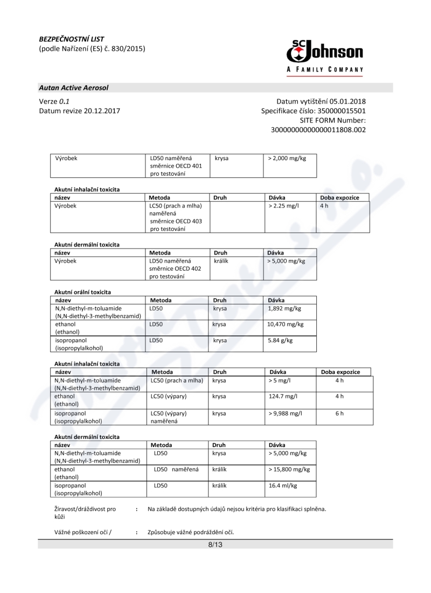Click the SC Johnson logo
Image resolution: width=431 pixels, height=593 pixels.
[x=324, y=56]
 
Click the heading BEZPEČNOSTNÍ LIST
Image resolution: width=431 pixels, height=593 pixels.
[x=72, y=39]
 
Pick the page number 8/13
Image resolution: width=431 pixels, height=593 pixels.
[x=215, y=545]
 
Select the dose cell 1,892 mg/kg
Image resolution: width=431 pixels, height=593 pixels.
[x=284, y=308]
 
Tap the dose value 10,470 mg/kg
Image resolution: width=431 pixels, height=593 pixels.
[x=286, y=325]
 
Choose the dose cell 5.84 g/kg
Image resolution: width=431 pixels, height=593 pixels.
[x=280, y=341]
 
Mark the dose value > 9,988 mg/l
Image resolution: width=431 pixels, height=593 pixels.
[x=285, y=413]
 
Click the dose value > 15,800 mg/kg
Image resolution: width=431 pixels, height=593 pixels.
[x=289, y=470]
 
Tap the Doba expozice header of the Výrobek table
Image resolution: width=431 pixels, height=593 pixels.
[x=339, y=198]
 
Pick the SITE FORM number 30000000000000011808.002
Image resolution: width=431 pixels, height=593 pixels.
[x=318, y=130]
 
